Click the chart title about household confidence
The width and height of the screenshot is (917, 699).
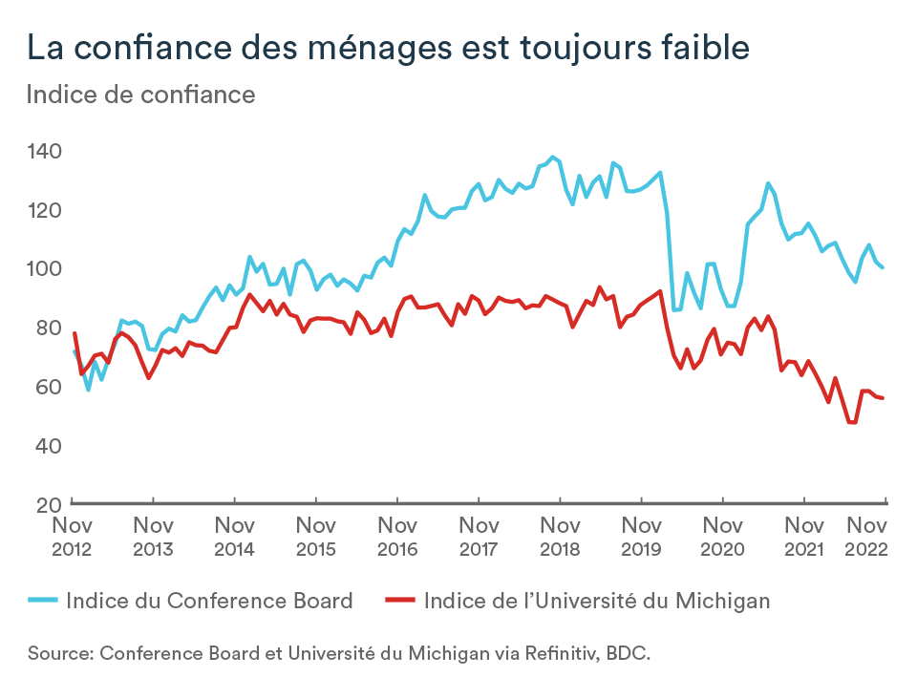point(389,47)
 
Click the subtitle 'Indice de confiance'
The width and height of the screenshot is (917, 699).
point(141,95)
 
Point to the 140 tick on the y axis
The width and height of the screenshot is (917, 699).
point(45,152)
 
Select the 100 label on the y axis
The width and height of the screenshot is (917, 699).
point(45,269)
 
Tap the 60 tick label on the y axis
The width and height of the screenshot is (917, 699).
point(49,387)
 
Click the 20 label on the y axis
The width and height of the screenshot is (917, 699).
point(49,505)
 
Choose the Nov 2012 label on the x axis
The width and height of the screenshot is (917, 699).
point(72,537)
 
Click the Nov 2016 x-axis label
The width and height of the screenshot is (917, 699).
point(397,537)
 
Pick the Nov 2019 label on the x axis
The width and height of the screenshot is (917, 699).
point(642,537)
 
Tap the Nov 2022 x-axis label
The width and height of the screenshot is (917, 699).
point(866,537)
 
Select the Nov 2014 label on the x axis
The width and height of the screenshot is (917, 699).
point(235,537)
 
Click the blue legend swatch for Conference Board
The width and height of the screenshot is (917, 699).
point(43,601)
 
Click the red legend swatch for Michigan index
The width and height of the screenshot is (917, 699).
point(400,601)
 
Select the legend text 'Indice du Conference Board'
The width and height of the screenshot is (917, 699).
point(209,601)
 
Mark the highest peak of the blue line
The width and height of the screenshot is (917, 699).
point(553,157)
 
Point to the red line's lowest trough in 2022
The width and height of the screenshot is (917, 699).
point(851,422)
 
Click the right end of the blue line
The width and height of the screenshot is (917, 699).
point(883,267)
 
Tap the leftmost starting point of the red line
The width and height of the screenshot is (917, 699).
point(75,333)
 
